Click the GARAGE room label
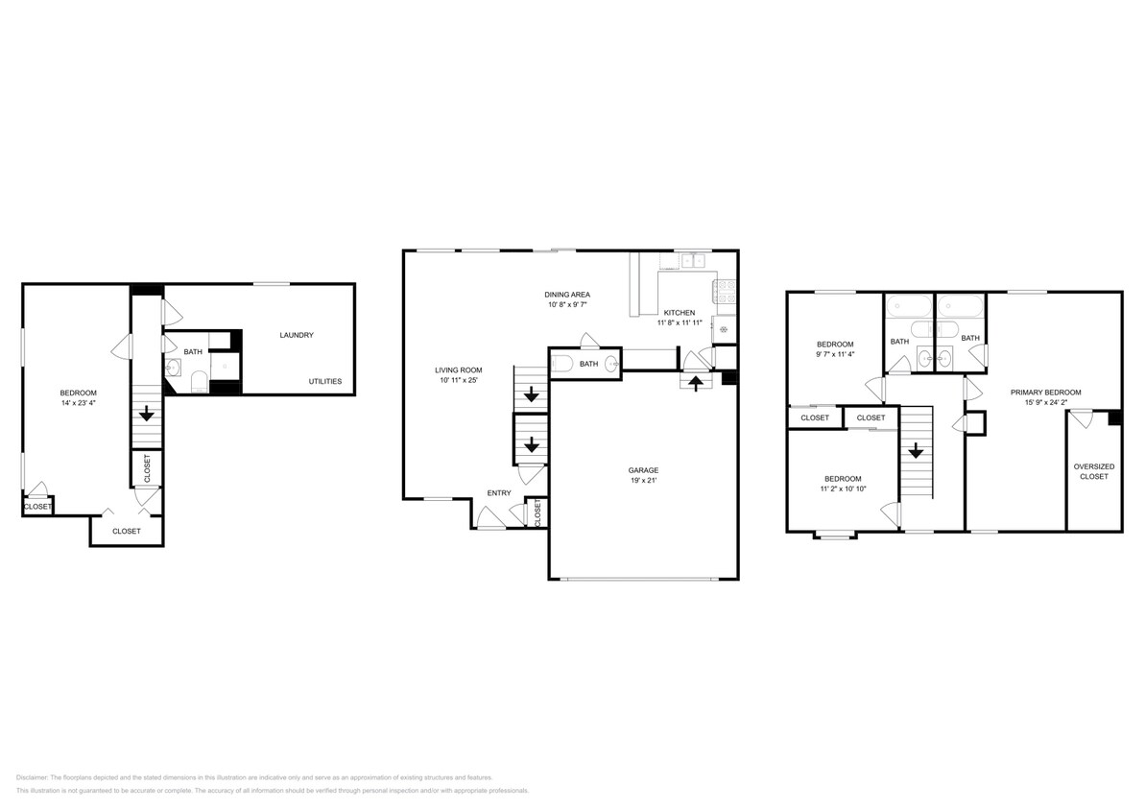[x=643, y=470]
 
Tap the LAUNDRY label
[x=297, y=335]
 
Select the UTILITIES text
[x=325, y=381]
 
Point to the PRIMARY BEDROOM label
[x=1046, y=393]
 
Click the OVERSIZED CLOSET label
[x=1094, y=471]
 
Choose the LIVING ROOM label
[x=459, y=370]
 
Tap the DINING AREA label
[x=567, y=295]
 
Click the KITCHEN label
[x=680, y=313]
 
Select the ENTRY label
[x=499, y=493]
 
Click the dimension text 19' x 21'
[x=643, y=481]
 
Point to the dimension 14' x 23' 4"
[x=78, y=403]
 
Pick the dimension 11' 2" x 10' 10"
[x=843, y=489]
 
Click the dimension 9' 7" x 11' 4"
[x=835, y=354]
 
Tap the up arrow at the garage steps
[x=697, y=382]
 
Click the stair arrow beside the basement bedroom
[x=147, y=415]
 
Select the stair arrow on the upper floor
[x=916, y=451]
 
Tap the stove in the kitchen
[x=726, y=292]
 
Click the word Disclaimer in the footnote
[x=32, y=778]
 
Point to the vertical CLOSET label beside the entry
[x=537, y=512]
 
